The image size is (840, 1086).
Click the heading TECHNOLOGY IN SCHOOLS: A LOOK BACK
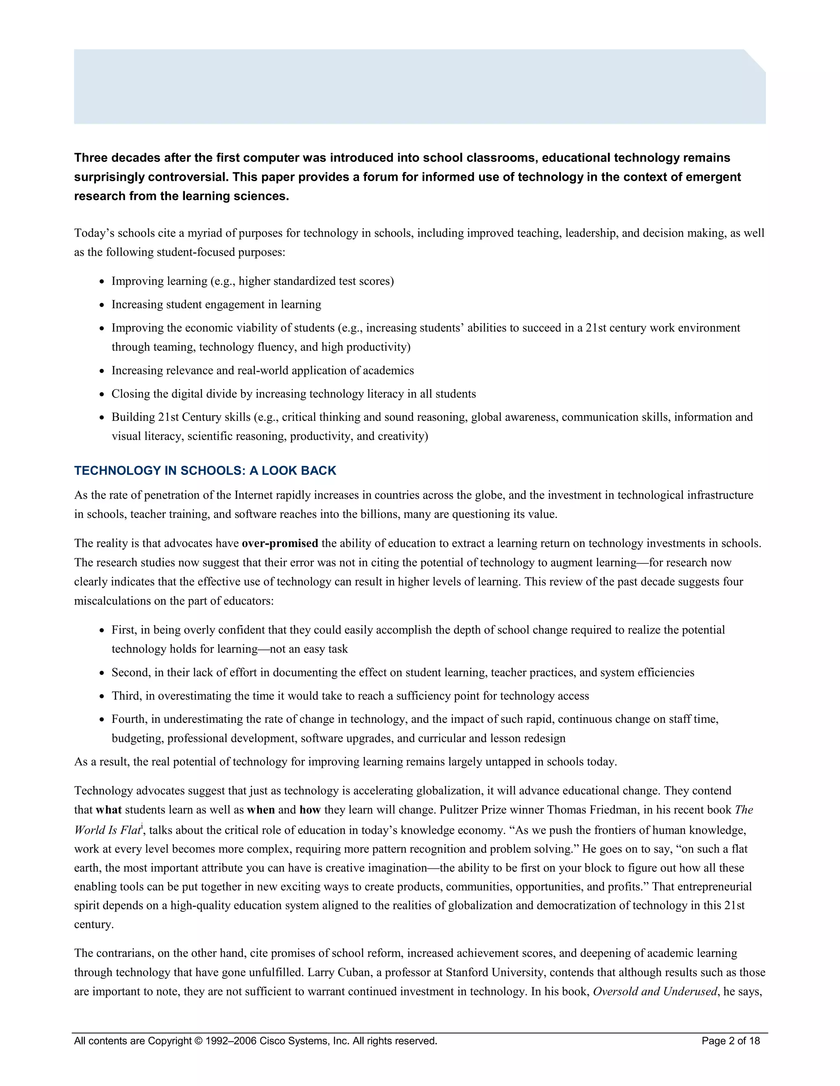point(205,470)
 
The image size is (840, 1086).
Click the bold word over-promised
point(280,543)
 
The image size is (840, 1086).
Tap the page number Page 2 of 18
point(730,1041)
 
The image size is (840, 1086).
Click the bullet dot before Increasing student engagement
point(102,305)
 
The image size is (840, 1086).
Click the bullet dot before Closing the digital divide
point(102,395)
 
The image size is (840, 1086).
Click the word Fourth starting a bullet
point(128,719)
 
